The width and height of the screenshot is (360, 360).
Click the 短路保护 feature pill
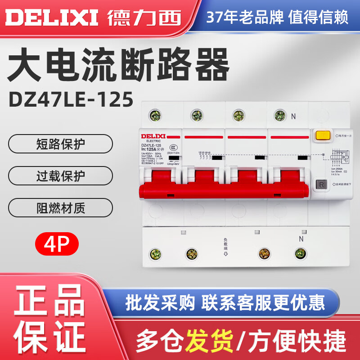(x=60, y=145)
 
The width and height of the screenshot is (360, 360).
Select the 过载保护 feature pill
(x=60, y=176)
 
